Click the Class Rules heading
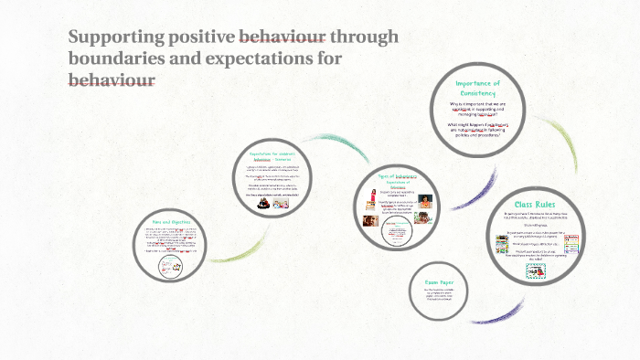pos(537,204)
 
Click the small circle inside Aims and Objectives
pos(169,266)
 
